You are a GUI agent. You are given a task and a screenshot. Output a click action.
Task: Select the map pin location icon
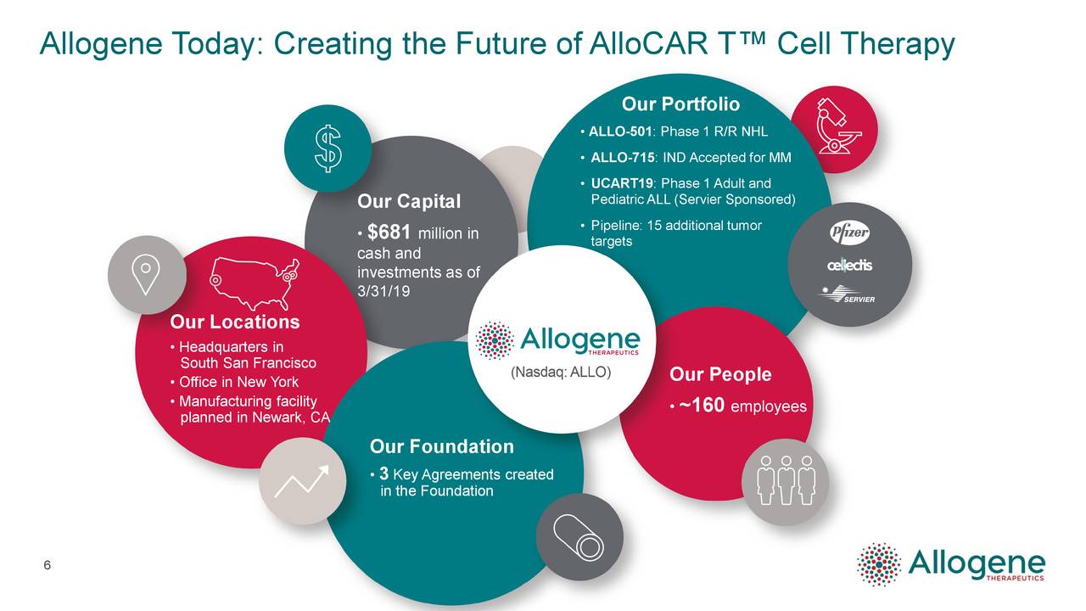tap(146, 272)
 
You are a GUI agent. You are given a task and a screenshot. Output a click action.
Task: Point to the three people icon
tap(786, 480)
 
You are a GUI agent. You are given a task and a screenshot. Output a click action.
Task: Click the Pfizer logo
tap(849, 233)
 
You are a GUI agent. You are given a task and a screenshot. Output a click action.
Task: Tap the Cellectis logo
tap(849, 266)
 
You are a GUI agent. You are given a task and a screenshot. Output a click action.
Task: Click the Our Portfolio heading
tap(680, 104)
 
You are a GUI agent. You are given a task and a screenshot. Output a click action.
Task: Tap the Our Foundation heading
tap(441, 446)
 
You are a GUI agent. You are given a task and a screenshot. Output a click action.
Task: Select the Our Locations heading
tap(234, 322)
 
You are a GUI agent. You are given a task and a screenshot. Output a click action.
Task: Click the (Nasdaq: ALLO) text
tap(559, 373)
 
